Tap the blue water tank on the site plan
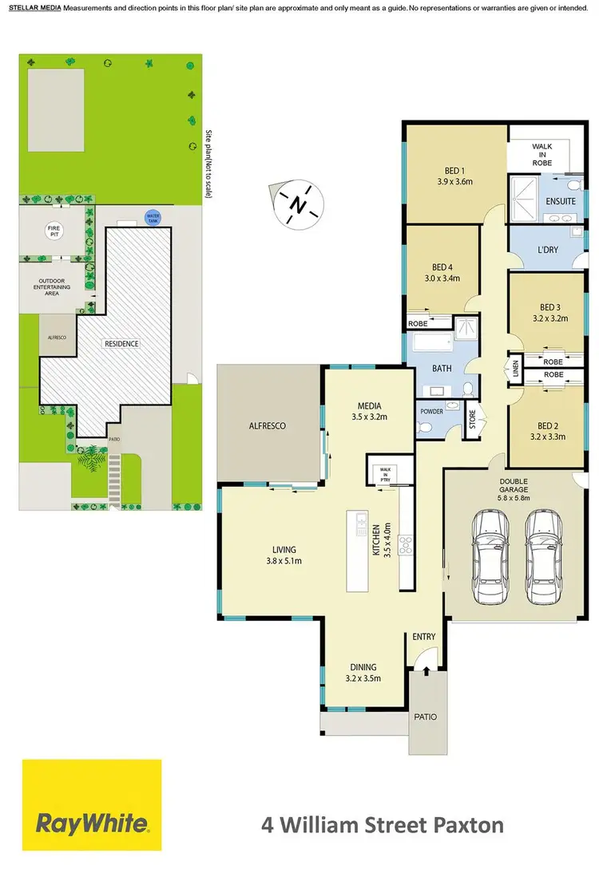[152, 216]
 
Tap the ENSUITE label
[561, 201]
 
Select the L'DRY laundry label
[548, 250]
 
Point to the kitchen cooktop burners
[405, 545]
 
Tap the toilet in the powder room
[426, 427]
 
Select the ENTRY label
[423, 636]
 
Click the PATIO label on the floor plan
[425, 717]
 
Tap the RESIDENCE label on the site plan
[121, 344]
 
